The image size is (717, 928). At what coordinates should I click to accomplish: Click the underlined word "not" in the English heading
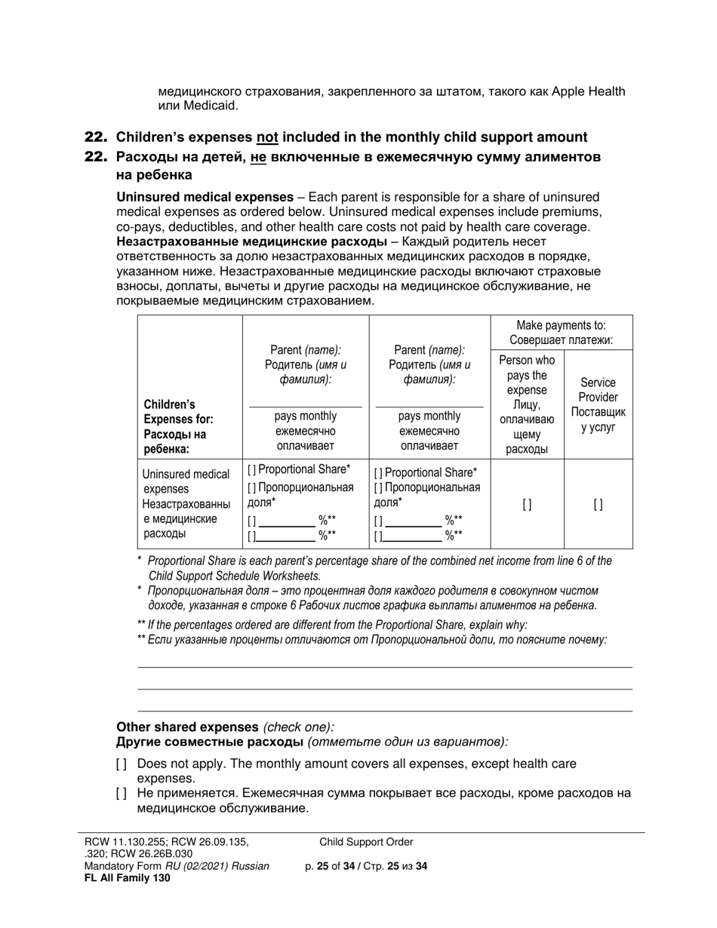267,137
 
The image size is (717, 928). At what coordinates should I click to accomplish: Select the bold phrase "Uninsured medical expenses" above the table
205,197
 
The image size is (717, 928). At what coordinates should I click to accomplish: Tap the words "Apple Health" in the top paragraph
588,91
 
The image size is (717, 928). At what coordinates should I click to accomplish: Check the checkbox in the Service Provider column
598,505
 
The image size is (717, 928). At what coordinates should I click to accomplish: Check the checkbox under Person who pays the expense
527,505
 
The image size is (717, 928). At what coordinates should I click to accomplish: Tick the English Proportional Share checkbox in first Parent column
252,470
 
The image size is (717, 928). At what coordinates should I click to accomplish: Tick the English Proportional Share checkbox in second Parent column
378,472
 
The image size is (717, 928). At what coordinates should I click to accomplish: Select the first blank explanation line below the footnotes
384,666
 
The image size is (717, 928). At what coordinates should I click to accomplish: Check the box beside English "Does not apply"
122,764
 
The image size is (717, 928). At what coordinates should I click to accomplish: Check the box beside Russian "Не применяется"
122,794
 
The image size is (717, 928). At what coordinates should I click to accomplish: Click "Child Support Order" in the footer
366,842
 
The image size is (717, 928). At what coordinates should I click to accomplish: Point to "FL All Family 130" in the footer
127,877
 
